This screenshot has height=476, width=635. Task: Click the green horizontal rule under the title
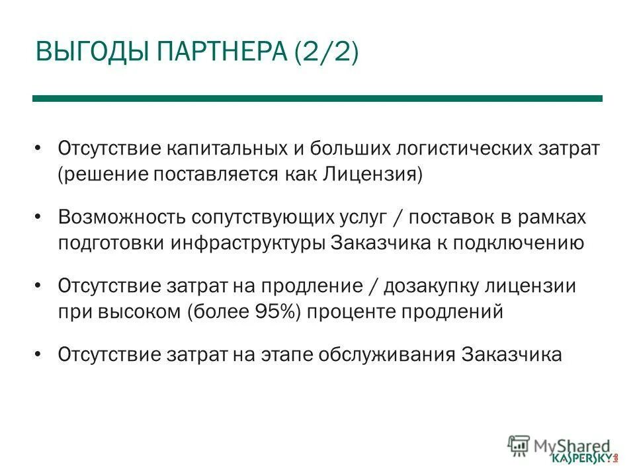[317, 99]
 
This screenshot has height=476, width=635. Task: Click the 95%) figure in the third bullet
[281, 312]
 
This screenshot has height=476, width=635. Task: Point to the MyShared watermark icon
[518, 444]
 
